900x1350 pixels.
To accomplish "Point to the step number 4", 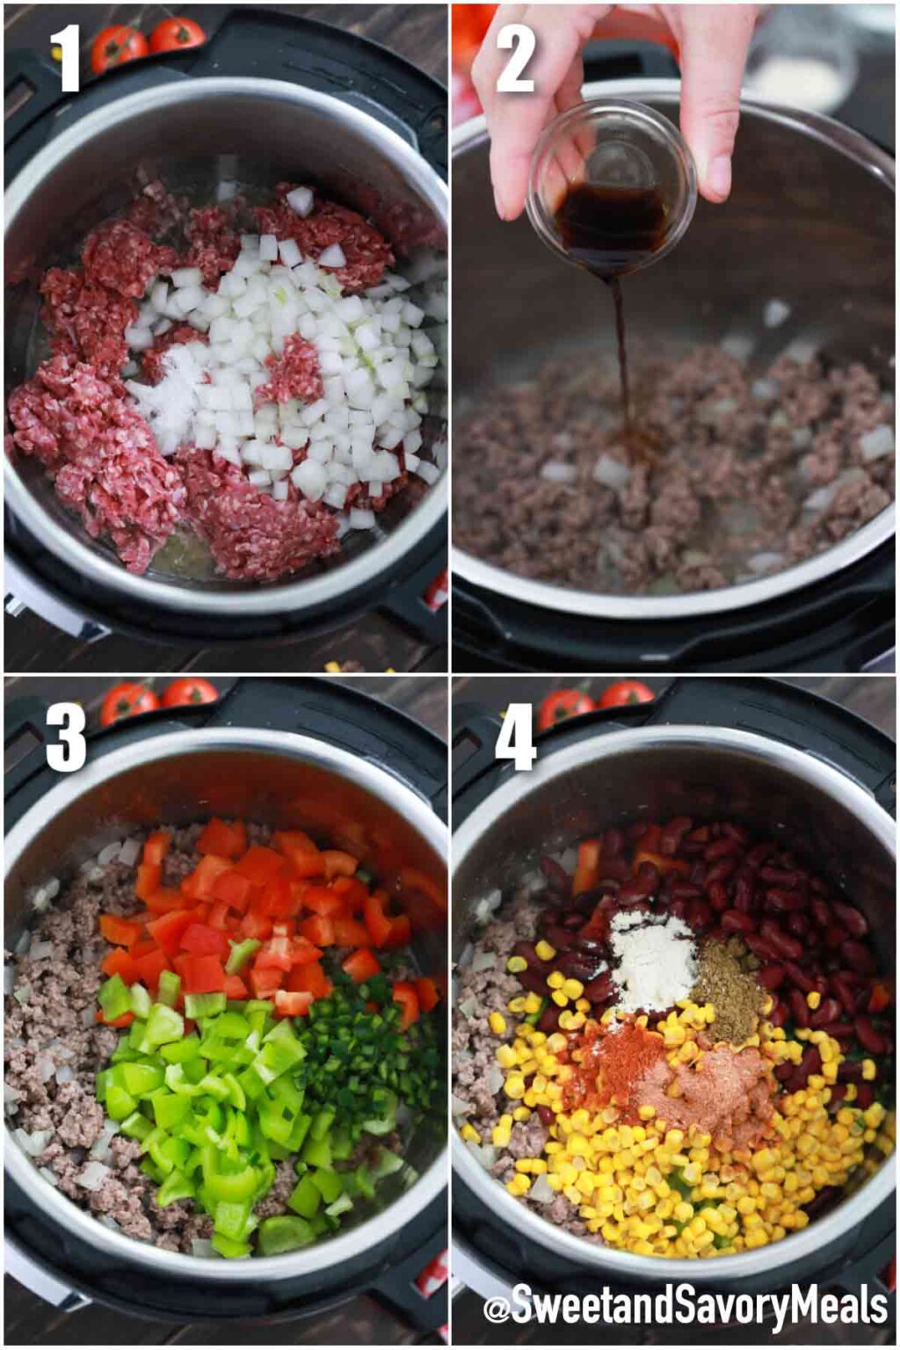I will [x=515, y=737].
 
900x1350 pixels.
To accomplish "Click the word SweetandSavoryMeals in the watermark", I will [x=699, y=1309].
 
